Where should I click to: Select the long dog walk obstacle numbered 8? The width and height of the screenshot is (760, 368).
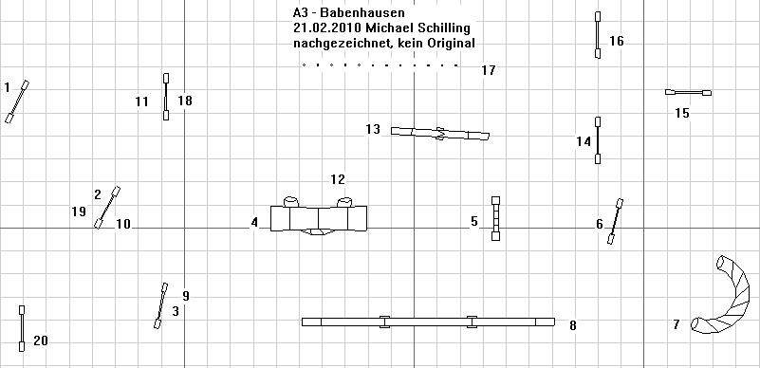pyautogui.click(x=428, y=322)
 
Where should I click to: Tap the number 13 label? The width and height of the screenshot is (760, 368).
pyautogui.click(x=373, y=129)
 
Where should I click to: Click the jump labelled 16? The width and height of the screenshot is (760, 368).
pyautogui.click(x=598, y=35)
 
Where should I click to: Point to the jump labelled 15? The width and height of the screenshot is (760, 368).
pyautogui.click(x=688, y=93)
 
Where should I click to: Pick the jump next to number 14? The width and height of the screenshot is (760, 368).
pyautogui.click(x=598, y=140)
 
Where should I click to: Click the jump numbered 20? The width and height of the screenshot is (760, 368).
pyautogui.click(x=22, y=328)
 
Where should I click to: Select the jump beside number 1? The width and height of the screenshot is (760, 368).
pyautogui.click(x=17, y=101)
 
